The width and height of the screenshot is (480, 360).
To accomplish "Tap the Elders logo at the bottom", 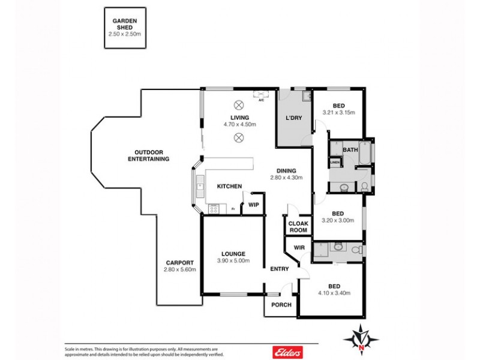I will tap(287, 352).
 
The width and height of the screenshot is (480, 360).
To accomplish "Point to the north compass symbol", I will tap(361, 340).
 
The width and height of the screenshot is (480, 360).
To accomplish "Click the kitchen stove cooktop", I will tap(213, 209).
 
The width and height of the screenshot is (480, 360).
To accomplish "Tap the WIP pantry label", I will tap(253, 204).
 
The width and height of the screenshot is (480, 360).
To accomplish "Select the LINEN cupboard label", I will tap(334, 162).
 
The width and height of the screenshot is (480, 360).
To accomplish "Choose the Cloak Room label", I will tap(298, 227).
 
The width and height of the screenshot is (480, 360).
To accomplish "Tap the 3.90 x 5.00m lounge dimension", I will tap(233, 261).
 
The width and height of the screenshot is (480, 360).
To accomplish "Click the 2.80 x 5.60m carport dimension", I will tap(179, 270).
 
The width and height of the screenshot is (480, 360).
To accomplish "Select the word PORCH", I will tap(281, 305).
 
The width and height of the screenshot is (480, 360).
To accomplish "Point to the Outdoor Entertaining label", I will tap(148, 155).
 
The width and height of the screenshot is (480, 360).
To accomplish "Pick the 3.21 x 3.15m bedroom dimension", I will tap(338, 112).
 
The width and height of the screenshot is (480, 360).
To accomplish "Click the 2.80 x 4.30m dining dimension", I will tap(286, 178).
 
